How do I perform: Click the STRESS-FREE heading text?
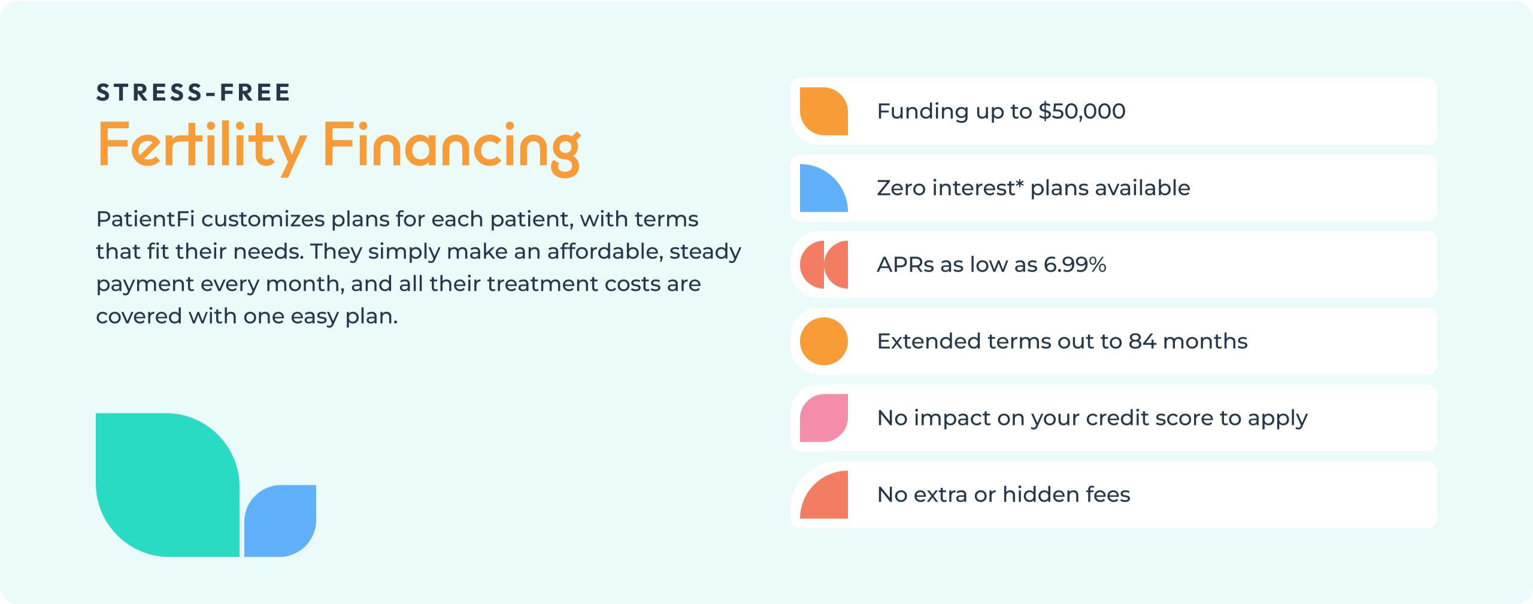(193, 93)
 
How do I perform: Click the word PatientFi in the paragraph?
(146, 219)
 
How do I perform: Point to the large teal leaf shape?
(168, 485)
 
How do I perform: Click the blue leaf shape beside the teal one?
(280, 521)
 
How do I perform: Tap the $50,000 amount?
(1082, 111)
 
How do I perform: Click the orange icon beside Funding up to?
(824, 111)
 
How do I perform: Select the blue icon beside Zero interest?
(824, 188)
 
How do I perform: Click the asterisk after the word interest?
(1019, 183)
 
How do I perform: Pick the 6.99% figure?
(1075, 265)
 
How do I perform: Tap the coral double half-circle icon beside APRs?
(824, 265)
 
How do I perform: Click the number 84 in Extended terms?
(1143, 341)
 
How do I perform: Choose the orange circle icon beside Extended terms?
(824, 341)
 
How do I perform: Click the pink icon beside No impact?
(824, 418)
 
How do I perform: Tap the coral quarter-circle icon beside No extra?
(824, 494)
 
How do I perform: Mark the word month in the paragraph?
(304, 284)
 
